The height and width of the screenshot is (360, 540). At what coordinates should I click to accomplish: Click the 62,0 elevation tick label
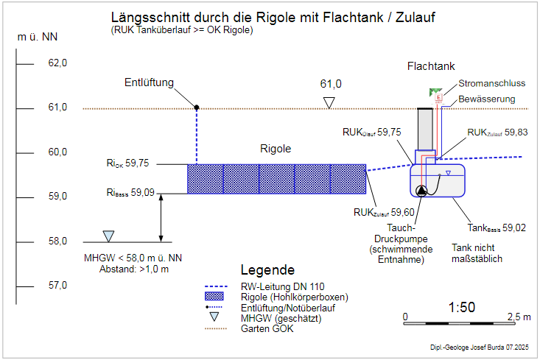pyautogui.click(x=57, y=63)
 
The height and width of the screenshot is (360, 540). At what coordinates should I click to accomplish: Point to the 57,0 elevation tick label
pyautogui.click(x=57, y=286)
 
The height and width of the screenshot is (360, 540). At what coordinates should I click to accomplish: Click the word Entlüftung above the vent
pyautogui.click(x=149, y=82)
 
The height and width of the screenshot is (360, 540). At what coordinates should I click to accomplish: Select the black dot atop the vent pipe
pyautogui.click(x=197, y=107)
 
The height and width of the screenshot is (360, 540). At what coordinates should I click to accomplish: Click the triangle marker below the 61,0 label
pyautogui.click(x=331, y=102)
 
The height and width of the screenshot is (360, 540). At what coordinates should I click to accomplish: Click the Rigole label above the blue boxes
pyautogui.click(x=276, y=149)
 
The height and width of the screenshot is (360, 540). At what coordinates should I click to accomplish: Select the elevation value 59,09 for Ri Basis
pyautogui.click(x=143, y=193)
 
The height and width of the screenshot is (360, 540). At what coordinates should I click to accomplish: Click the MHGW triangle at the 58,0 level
pyautogui.click(x=108, y=236)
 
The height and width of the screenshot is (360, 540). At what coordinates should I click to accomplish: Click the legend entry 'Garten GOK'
pyautogui.click(x=268, y=328)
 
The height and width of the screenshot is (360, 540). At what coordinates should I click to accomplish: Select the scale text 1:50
pyautogui.click(x=462, y=307)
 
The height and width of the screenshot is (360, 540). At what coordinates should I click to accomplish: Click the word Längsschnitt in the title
pyautogui.click(x=145, y=18)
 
